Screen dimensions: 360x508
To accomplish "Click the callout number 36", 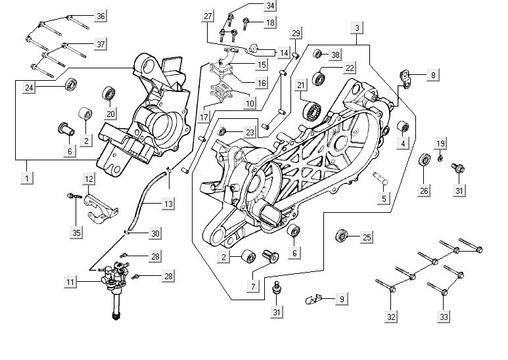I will [101, 16].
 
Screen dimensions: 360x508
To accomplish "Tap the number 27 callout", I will [208, 16].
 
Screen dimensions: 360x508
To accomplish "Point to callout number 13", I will [168, 204].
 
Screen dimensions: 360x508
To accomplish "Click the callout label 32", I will [392, 317].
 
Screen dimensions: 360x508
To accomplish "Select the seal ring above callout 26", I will [424, 160].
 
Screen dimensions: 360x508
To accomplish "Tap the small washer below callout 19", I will [440, 158].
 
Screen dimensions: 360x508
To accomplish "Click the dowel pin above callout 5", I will [381, 176].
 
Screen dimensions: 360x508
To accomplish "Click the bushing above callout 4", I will [404, 125].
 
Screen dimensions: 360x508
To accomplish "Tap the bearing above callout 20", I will [109, 94].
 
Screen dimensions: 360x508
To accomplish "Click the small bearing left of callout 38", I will [317, 54].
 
